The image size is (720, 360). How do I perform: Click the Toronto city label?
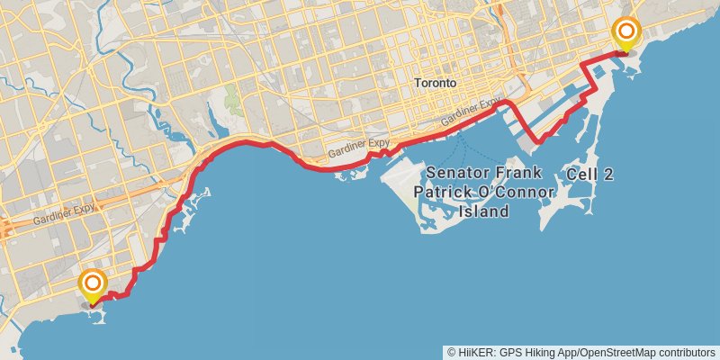(x=436, y=82)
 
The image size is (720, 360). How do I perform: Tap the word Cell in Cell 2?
(x=582, y=175)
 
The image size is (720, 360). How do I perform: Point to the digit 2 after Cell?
(x=608, y=175)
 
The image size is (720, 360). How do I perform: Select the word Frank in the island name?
(x=531, y=172)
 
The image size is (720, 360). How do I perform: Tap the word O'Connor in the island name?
(x=517, y=192)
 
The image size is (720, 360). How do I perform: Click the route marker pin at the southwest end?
(x=93, y=285)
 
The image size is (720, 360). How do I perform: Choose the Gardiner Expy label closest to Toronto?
(x=471, y=114)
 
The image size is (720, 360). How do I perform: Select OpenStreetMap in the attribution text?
(x=616, y=352)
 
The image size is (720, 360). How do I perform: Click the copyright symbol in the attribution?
(x=450, y=352)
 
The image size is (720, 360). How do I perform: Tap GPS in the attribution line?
(x=508, y=352)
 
